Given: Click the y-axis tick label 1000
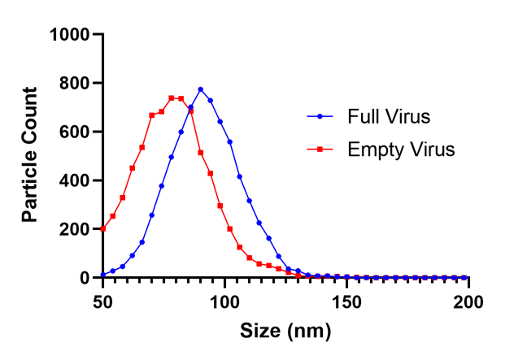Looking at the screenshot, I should pos(69,35).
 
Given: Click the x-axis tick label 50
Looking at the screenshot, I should pos(102,298).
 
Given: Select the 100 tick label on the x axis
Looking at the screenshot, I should pos(224,298).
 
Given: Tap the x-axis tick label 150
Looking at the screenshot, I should pos(346,298).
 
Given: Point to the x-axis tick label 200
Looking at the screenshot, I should pos(468,298).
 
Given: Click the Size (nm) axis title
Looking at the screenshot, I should pos(285,332).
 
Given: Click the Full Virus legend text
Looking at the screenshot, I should pos(388,117).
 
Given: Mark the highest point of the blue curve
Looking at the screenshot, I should pos(200,89).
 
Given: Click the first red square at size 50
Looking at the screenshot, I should pos(102,228).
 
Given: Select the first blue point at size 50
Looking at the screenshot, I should pos(102,275).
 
